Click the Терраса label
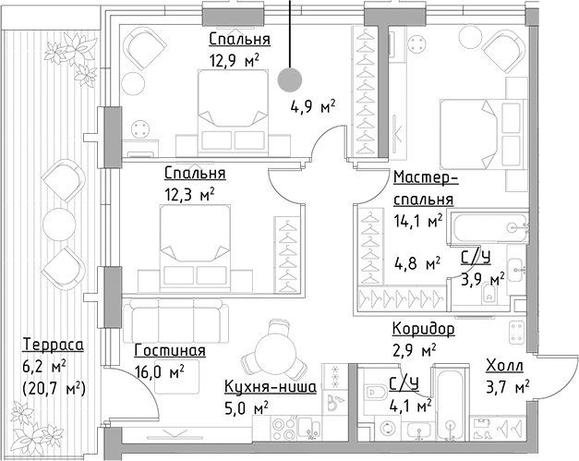[x=53, y=345]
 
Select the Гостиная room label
[x=169, y=351]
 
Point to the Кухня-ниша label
[x=271, y=387]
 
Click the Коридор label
[x=423, y=329]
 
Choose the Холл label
[x=503, y=365]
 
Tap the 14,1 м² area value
[x=417, y=220]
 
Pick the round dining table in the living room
[x=275, y=354]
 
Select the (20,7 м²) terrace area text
[x=53, y=387]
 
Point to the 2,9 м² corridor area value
[x=414, y=350]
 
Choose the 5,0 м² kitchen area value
[x=246, y=407]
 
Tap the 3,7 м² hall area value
[x=507, y=385]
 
